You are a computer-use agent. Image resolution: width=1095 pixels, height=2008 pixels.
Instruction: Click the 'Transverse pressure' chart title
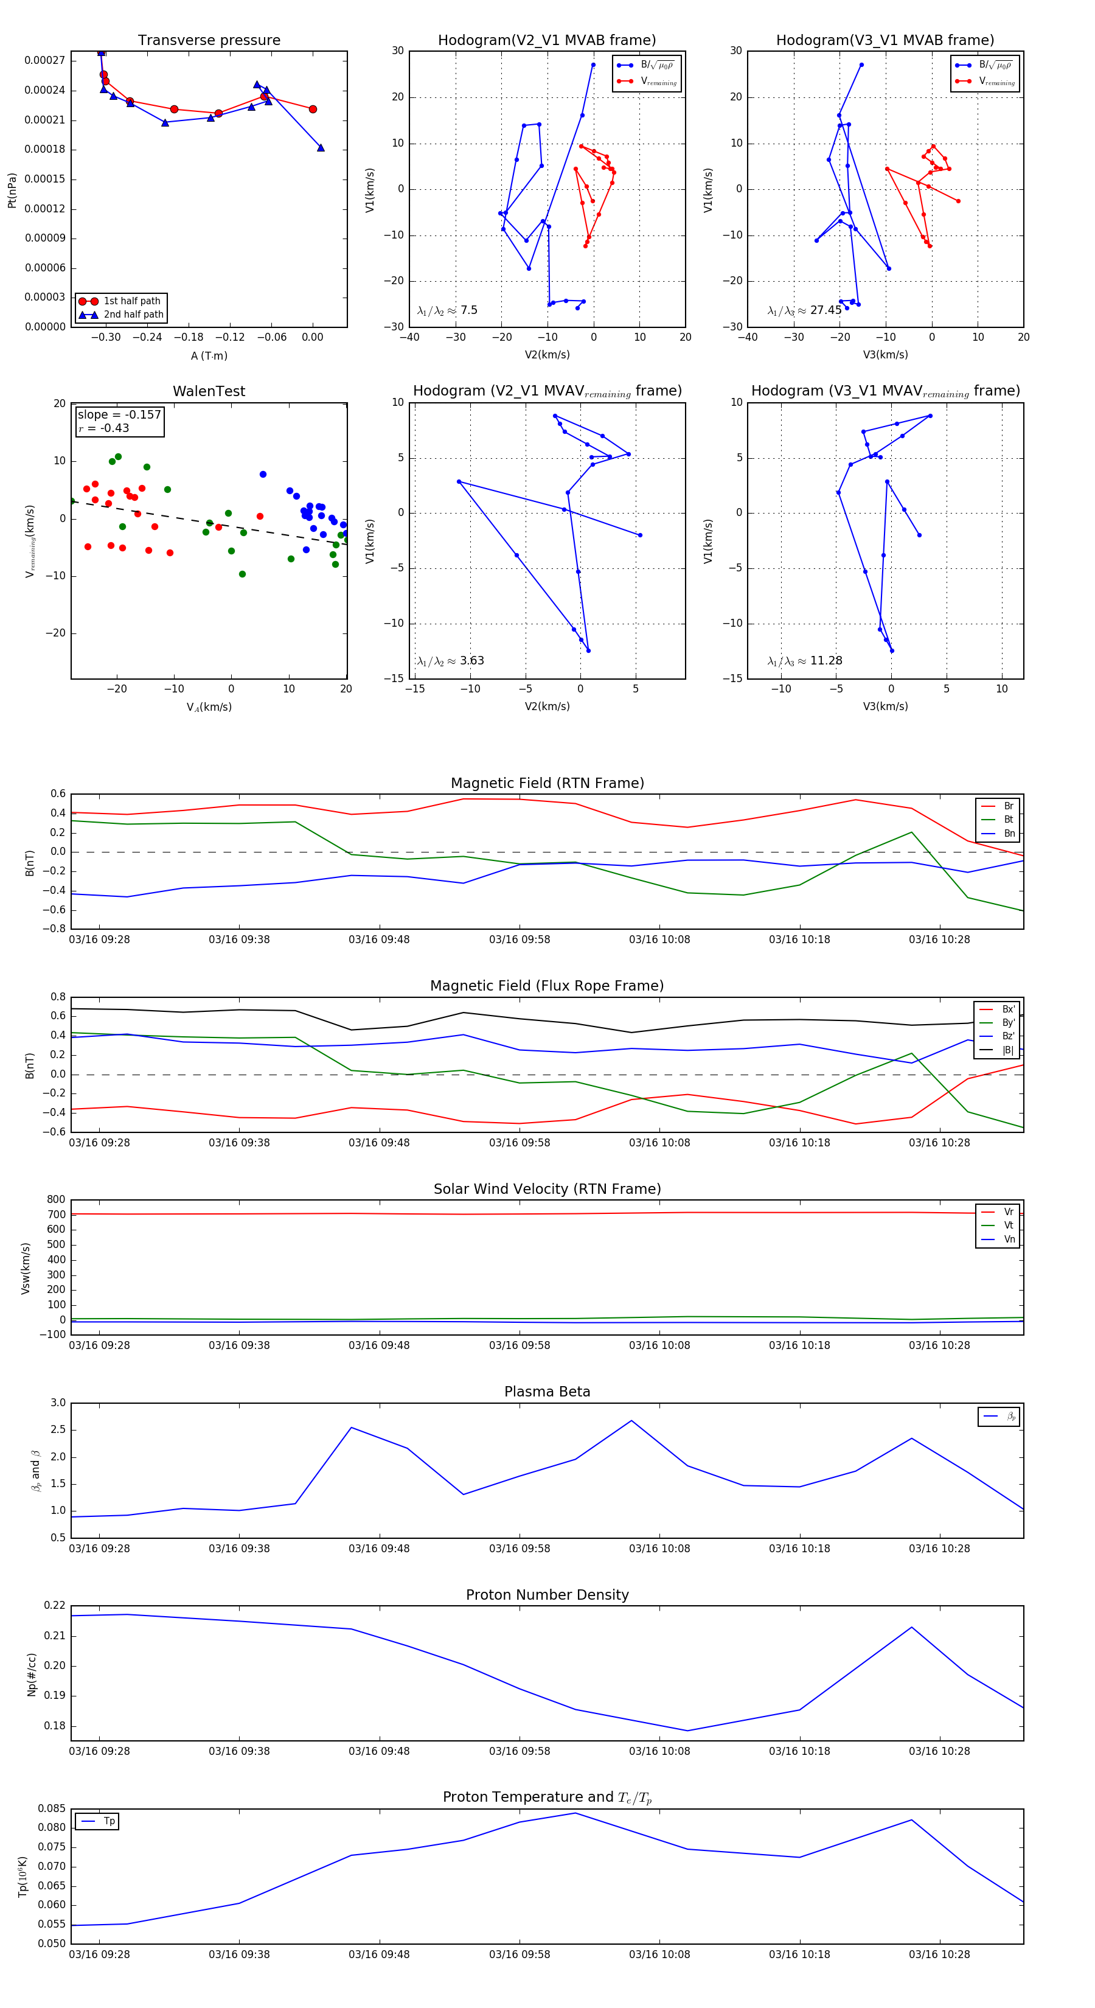209,41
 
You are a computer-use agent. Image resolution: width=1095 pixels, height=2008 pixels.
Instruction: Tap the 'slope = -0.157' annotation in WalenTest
119,415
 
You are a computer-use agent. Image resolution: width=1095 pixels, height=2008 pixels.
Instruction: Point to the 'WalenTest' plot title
209,391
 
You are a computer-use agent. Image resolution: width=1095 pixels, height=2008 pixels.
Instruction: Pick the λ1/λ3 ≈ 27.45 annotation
804,310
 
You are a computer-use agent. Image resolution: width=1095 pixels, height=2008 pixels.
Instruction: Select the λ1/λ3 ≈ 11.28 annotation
804,661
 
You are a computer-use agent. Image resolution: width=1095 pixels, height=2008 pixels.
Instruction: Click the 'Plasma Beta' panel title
547,1392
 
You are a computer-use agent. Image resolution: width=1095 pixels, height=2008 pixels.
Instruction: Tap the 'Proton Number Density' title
547,1595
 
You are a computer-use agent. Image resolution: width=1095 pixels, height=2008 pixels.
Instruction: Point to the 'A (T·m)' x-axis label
209,355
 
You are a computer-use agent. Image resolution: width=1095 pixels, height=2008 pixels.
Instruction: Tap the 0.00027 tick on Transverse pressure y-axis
44,61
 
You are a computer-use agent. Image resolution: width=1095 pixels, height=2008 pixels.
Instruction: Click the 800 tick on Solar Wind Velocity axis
56,1200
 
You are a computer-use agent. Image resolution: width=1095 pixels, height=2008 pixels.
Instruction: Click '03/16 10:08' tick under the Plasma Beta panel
659,1548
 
